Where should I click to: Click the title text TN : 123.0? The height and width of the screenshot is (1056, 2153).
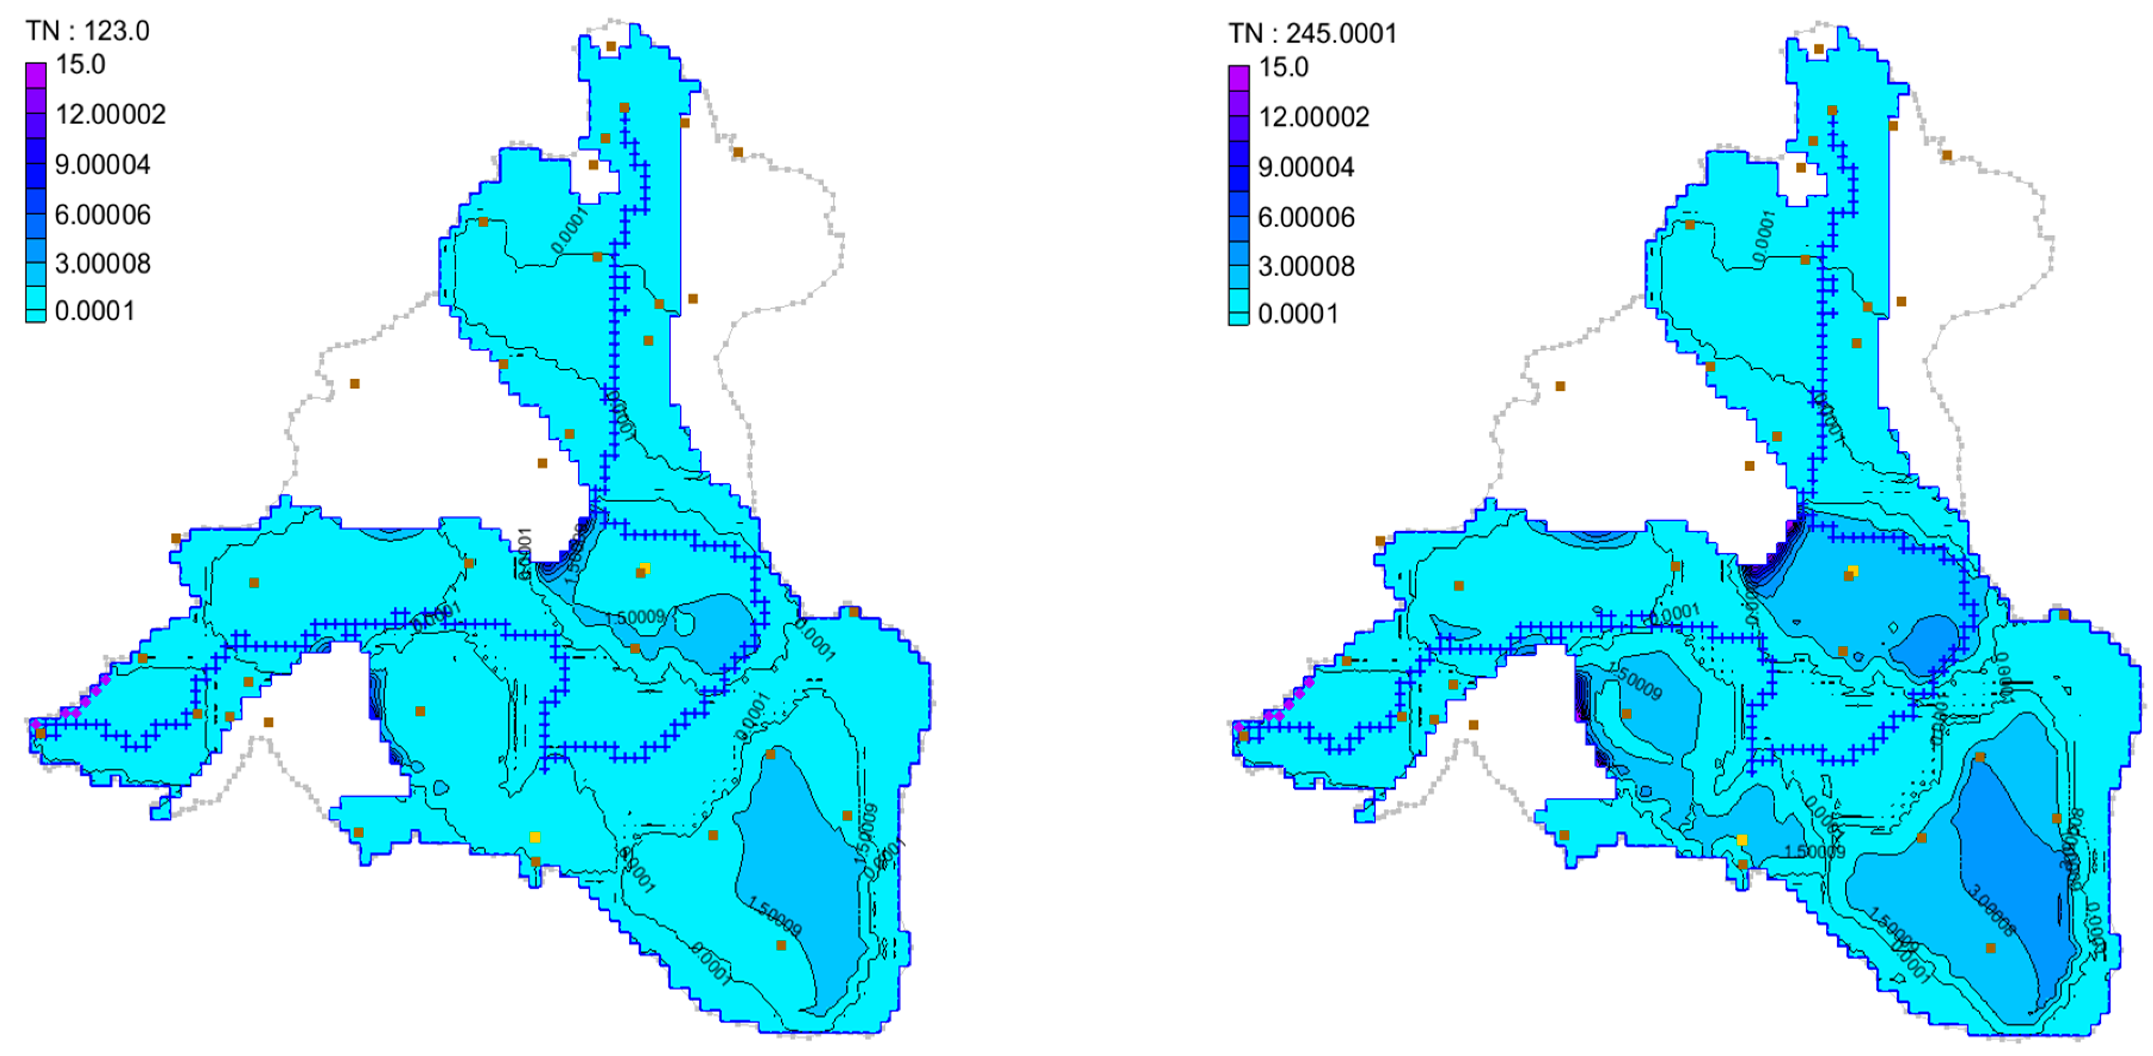(x=88, y=31)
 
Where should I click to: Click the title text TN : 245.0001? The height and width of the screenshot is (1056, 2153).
(x=1312, y=33)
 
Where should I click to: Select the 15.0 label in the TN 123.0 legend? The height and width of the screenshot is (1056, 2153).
(x=80, y=64)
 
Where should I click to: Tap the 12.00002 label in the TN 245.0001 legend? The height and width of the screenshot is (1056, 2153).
(x=1314, y=117)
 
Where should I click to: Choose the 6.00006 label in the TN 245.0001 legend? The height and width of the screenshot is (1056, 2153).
(x=1306, y=217)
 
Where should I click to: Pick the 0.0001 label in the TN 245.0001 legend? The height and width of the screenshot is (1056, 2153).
(x=1297, y=314)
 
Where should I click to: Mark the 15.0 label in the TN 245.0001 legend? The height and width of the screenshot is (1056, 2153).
(x=1284, y=67)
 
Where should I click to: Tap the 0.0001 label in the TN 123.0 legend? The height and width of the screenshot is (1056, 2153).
(x=94, y=311)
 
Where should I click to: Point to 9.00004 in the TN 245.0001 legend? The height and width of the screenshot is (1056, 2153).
(x=1306, y=167)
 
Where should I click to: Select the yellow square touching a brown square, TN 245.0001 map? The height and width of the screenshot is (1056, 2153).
(x=1853, y=571)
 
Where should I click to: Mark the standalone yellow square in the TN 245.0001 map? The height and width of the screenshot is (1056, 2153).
(x=1742, y=839)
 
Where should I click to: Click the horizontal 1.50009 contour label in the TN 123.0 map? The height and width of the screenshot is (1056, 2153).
(x=635, y=617)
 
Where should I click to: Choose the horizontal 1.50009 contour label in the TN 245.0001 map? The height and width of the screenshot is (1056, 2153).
(x=1814, y=852)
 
